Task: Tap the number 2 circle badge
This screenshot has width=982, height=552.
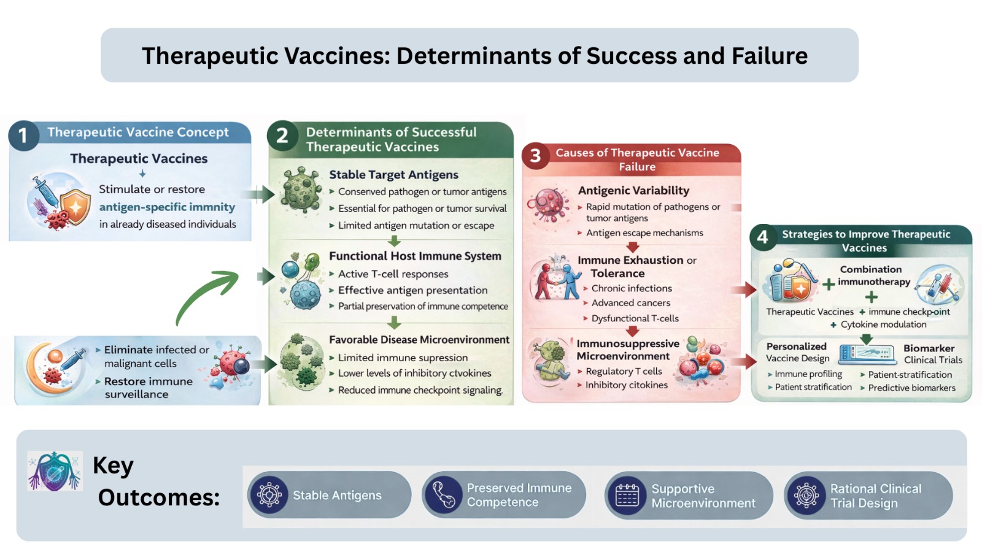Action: [282, 136]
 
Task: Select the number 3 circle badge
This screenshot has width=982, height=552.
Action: [535, 156]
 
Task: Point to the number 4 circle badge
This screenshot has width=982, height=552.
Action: [763, 237]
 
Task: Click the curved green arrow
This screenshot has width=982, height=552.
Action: [206, 297]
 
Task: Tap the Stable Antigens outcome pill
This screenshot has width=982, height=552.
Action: [329, 495]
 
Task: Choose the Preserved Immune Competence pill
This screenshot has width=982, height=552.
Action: [503, 495]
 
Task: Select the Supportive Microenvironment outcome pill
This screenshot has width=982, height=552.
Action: [688, 496]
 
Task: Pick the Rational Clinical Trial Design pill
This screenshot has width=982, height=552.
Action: [868, 496]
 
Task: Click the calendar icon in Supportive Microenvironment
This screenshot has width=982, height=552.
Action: [627, 496]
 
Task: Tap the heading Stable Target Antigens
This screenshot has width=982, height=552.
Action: [393, 175]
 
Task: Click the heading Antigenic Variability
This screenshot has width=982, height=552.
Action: [633, 191]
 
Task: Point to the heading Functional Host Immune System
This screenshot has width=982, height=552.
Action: [415, 256]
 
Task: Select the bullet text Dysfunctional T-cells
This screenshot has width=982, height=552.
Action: [635, 318]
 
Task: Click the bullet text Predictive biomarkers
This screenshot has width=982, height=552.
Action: [911, 388]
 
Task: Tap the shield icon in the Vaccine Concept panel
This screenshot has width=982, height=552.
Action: [75, 207]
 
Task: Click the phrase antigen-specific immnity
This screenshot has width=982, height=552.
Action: [167, 207]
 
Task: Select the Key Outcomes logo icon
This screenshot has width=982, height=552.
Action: [55, 471]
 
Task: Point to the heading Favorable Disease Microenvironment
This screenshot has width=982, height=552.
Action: [419, 340]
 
